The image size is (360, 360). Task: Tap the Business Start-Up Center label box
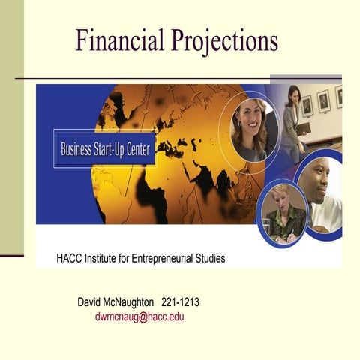tap(105, 148)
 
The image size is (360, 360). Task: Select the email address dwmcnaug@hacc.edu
tap(139, 316)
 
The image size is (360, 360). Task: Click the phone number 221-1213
tap(180, 302)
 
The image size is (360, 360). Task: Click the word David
tap(91, 302)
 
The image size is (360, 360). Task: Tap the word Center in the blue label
tap(136, 148)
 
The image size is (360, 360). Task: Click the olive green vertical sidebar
tap(11, 127)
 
